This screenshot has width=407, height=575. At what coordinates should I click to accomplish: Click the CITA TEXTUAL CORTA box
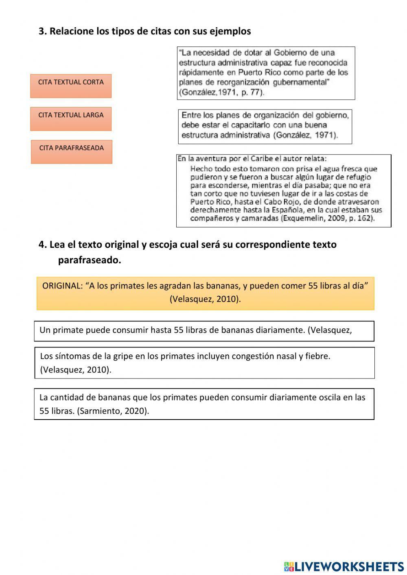tap(71, 86)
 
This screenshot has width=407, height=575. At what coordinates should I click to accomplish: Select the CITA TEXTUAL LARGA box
tap(71, 119)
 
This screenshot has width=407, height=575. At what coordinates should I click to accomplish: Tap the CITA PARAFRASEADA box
tap(71, 152)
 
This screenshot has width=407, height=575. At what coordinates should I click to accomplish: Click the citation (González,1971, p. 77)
tap(221, 92)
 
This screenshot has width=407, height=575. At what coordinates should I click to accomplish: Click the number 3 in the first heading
tap(41, 31)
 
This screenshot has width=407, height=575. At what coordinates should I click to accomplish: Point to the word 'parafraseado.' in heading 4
tap(90, 260)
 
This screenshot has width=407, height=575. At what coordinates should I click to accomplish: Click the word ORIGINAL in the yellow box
tap(62, 286)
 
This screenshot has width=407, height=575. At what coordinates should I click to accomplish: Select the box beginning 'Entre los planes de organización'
tap(265, 126)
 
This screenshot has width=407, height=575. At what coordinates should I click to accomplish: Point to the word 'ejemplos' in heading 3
tap(230, 31)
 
